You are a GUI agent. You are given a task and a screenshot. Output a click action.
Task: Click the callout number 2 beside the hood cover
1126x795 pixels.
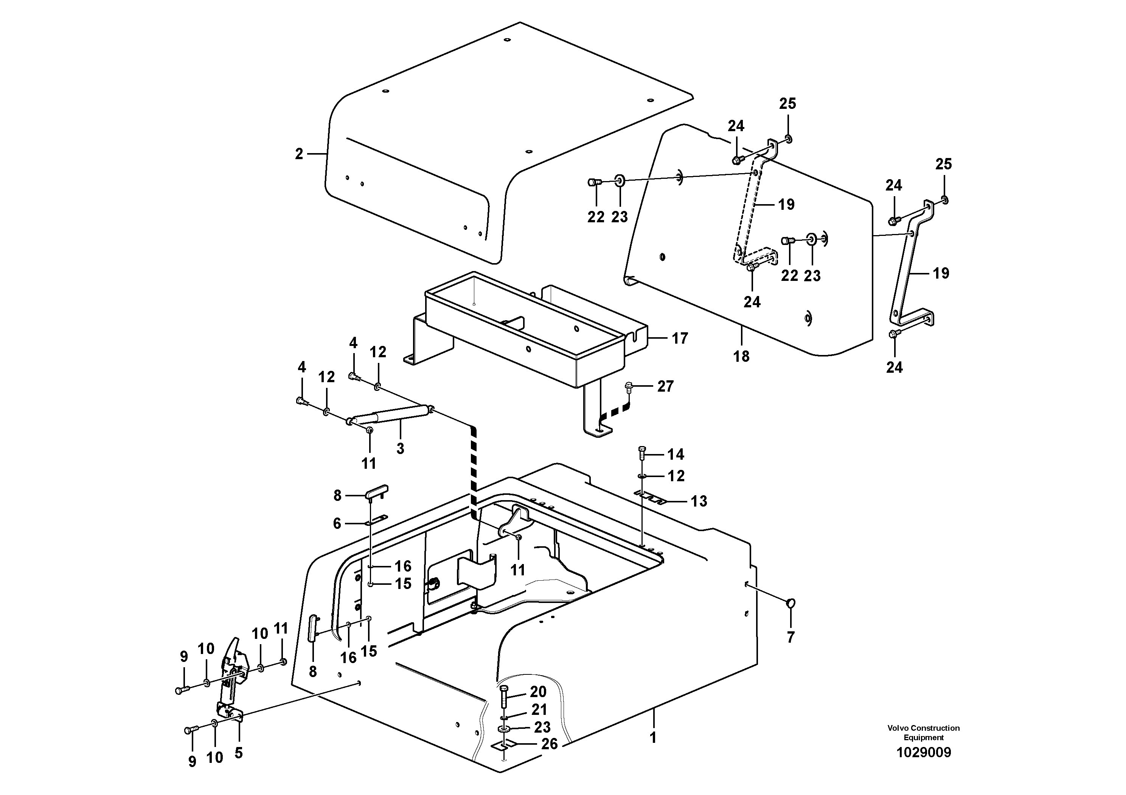pyautogui.click(x=299, y=154)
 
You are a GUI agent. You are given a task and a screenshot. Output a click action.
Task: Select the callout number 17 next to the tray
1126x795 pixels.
pyautogui.click(x=680, y=338)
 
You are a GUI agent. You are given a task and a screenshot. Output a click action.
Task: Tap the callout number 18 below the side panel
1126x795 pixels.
pyautogui.click(x=741, y=356)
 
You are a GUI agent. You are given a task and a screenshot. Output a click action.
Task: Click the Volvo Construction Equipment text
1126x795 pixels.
pyautogui.click(x=924, y=732)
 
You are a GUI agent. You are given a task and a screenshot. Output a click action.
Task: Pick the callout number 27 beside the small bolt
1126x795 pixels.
pyautogui.click(x=665, y=386)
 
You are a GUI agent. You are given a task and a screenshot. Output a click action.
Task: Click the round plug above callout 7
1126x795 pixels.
pyautogui.click(x=791, y=604)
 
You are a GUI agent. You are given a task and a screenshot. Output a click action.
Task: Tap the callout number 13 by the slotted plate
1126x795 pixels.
pyautogui.click(x=699, y=501)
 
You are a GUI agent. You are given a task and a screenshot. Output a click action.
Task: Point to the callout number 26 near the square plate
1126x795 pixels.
pyautogui.click(x=549, y=744)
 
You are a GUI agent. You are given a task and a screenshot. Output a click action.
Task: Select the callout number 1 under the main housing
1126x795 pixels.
pyautogui.click(x=653, y=738)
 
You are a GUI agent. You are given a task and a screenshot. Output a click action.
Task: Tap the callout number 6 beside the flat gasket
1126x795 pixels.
pyautogui.click(x=337, y=524)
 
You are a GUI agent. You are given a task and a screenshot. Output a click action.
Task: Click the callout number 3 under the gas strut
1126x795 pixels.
pyautogui.click(x=400, y=448)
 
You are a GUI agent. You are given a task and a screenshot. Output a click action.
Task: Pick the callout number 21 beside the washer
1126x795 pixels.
pyautogui.click(x=539, y=709)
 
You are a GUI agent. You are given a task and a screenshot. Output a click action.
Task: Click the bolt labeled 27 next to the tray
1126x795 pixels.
pyautogui.click(x=629, y=388)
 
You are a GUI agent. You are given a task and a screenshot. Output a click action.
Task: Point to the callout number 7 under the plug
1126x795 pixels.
pyautogui.click(x=791, y=637)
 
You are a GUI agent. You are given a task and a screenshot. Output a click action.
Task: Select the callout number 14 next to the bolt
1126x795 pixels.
pyautogui.click(x=675, y=454)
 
